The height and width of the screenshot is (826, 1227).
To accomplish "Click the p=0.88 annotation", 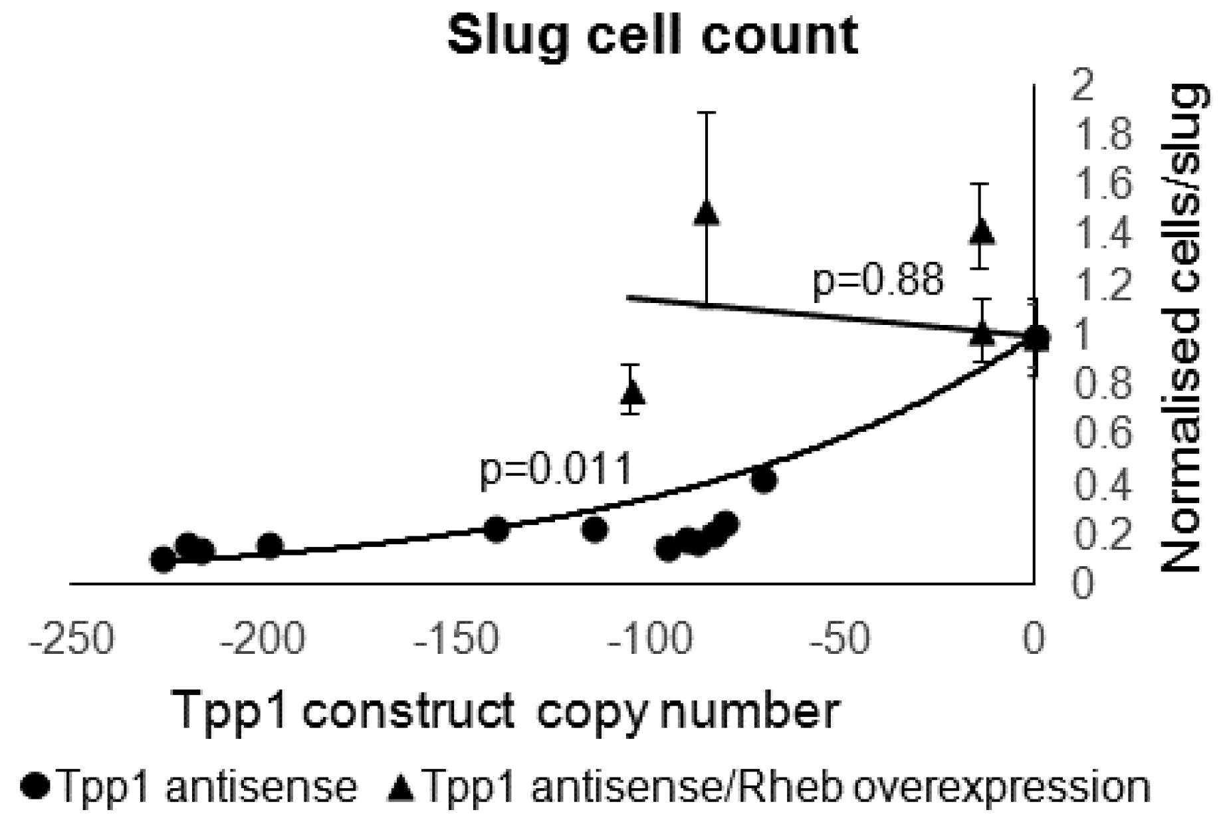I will coord(877,280).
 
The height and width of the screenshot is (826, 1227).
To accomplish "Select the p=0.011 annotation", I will coord(556,470).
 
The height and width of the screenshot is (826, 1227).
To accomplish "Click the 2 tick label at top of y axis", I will coord(1083,86).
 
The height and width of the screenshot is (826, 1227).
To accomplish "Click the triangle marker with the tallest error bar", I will coord(707,213).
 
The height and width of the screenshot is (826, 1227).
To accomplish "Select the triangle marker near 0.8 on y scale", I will coord(633,391).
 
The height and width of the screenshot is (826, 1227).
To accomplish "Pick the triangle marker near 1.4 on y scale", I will coord(982,232).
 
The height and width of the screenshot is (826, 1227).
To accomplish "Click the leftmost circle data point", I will coord(163,560).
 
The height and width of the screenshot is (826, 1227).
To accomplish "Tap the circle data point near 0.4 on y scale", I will coord(764,480).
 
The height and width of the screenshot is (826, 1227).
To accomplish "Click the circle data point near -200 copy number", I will coord(269,546).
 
